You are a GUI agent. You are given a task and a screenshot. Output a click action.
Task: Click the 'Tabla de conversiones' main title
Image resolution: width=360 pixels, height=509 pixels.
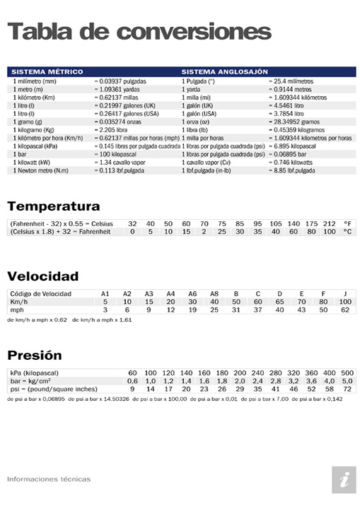[139, 31]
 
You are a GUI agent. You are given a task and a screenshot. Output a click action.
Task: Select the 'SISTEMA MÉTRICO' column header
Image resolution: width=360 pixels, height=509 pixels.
[47, 72]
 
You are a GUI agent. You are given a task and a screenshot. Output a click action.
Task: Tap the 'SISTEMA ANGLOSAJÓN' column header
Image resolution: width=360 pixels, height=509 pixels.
[225, 72]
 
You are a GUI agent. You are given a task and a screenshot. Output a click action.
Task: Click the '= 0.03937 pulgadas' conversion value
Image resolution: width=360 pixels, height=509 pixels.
[120, 82]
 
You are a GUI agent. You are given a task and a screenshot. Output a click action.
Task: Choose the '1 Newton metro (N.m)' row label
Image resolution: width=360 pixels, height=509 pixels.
[41, 170]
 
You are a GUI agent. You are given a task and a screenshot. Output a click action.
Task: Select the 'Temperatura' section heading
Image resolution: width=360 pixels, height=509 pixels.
[54, 206]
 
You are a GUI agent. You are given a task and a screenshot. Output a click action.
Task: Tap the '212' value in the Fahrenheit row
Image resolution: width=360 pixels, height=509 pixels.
[329, 223]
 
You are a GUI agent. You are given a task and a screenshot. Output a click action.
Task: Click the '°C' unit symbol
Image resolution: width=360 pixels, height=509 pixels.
[347, 232]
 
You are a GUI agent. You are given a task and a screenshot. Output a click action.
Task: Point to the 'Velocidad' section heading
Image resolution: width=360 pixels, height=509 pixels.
[43, 276]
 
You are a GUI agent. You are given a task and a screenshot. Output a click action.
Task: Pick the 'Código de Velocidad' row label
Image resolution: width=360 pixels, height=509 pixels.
[40, 293]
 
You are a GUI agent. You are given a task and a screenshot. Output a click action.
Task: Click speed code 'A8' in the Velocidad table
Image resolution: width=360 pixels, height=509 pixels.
[214, 293]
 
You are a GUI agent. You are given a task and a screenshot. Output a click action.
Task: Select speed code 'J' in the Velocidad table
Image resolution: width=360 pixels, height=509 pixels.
[345, 293]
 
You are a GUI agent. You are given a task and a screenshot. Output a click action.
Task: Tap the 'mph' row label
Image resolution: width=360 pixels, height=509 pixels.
[16, 310]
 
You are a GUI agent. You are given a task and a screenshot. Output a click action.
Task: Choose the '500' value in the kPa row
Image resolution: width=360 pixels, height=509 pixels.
[347, 373]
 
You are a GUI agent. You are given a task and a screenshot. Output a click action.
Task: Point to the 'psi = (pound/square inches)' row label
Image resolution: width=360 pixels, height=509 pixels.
[54, 389]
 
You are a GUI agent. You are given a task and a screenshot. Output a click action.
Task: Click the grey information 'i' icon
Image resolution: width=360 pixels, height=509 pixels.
[344, 479]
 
